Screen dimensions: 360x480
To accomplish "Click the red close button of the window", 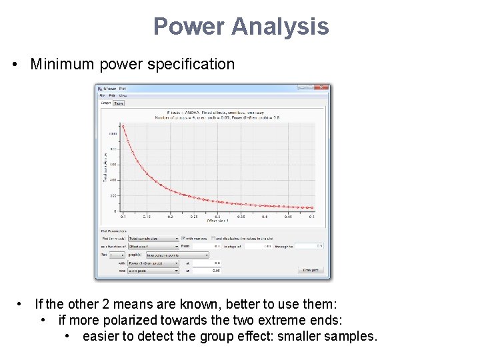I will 323,88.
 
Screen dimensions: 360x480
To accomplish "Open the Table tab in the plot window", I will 119,103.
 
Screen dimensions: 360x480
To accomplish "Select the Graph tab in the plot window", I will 105,103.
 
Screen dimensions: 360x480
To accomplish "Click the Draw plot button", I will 310,270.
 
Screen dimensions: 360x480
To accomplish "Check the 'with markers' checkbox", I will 184,238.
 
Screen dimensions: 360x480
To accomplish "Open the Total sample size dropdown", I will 153,238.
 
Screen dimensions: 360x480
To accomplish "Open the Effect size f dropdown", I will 153,246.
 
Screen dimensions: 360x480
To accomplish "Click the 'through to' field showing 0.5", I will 309,246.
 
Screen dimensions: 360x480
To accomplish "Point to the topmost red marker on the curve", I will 123,126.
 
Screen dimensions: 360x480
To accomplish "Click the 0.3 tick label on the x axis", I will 218,217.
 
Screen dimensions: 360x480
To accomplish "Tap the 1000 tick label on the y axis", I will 113,133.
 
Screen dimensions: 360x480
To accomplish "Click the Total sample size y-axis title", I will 105,167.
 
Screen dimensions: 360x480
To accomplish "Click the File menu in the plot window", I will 102,96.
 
